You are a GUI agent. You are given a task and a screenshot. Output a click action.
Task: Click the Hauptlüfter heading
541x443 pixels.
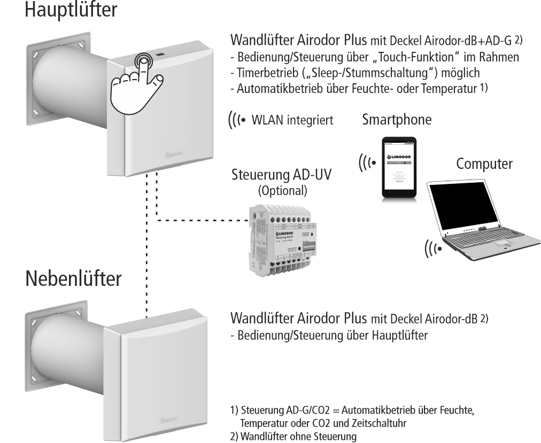click(x=70, y=10)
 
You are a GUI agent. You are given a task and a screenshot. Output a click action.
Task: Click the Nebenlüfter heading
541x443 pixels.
click(x=73, y=278)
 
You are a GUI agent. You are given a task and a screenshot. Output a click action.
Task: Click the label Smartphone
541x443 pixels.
click(x=397, y=120)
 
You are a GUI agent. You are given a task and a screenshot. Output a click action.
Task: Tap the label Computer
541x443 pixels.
click(x=484, y=164)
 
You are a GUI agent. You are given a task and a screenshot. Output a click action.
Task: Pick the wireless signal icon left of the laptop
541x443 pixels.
click(x=432, y=248)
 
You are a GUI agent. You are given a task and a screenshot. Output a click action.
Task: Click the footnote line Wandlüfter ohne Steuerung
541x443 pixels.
click(x=293, y=437)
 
